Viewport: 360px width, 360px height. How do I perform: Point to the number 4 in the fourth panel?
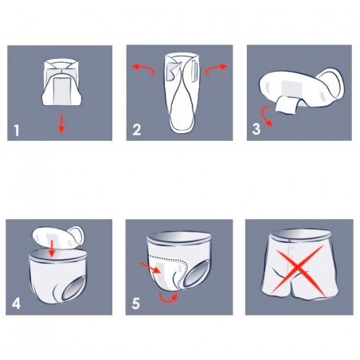(x=18, y=303)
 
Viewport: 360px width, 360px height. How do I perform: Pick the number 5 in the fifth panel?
(x=137, y=303)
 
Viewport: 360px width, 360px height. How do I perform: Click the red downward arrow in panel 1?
(x=61, y=121)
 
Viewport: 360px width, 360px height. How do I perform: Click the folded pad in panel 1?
(x=61, y=80)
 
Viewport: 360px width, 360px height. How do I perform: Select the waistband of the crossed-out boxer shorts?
(x=290, y=237)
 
